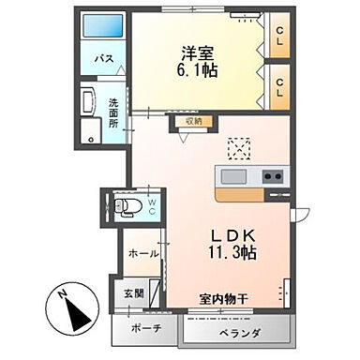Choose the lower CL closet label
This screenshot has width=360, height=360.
tap(279, 82)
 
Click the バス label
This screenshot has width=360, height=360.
tap(106, 59)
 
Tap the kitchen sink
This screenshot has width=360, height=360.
tap(233, 177)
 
